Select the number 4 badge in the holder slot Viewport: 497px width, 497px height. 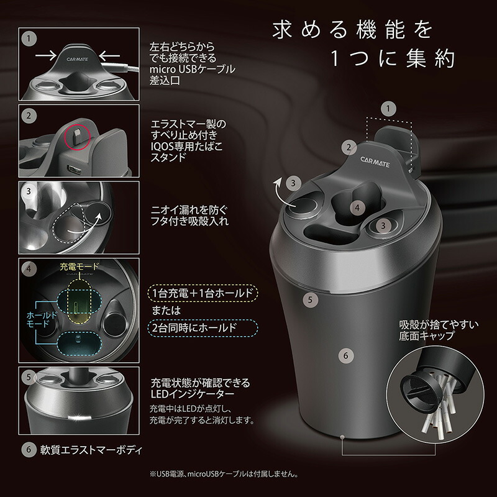(x=354, y=207)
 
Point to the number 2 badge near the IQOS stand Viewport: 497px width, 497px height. (x=349, y=147)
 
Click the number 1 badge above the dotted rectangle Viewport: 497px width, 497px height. (x=389, y=108)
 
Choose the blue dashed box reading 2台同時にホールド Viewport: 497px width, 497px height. (x=203, y=327)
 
